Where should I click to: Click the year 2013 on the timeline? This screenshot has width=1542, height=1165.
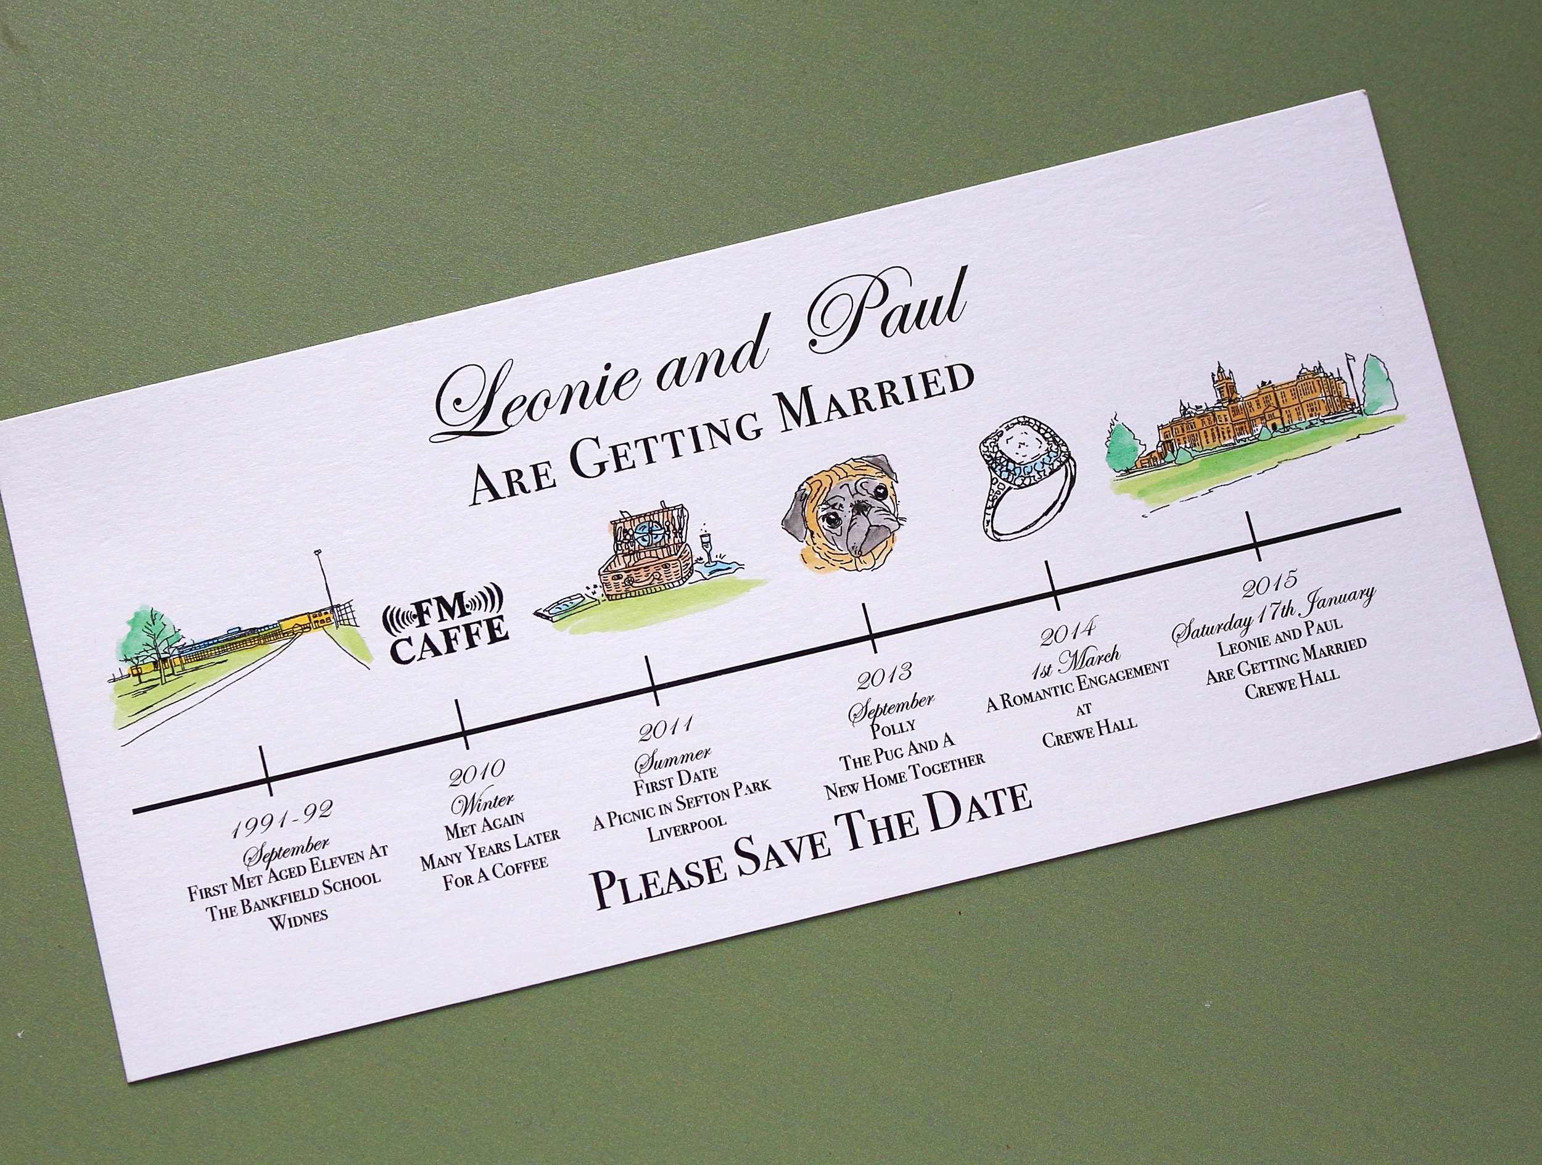884,676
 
